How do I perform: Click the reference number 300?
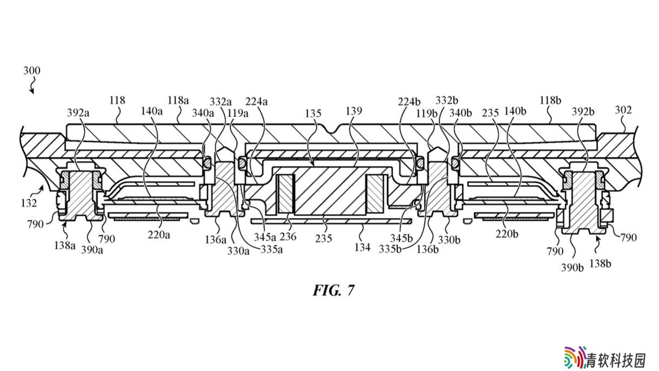pyautogui.click(x=32, y=71)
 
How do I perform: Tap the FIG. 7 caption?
pyautogui.click(x=334, y=290)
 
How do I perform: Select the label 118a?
pyautogui.click(x=178, y=101)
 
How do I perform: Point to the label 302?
pyautogui.click(x=623, y=110)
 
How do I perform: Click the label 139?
pyautogui.click(x=354, y=111)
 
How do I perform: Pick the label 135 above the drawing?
pyautogui.click(x=313, y=113)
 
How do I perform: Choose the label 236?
pyautogui.click(x=288, y=236)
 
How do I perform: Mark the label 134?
pyautogui.click(x=362, y=248)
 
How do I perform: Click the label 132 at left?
pyautogui.click(x=29, y=203)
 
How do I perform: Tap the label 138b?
pyautogui.click(x=601, y=263)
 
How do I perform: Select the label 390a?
pyautogui.click(x=92, y=250)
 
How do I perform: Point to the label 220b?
pyautogui.click(x=507, y=234)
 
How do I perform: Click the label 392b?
pyautogui.click(x=583, y=112)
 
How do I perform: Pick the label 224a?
pyautogui.click(x=257, y=102)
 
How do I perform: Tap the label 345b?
pyautogui.click(x=401, y=238)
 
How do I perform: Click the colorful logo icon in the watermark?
pyautogui.click(x=575, y=357)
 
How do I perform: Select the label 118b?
pyautogui.click(x=550, y=101)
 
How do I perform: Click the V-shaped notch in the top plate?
pyautogui.click(x=332, y=129)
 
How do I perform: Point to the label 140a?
pyautogui.click(x=152, y=111)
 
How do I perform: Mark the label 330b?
pyautogui.click(x=449, y=240)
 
